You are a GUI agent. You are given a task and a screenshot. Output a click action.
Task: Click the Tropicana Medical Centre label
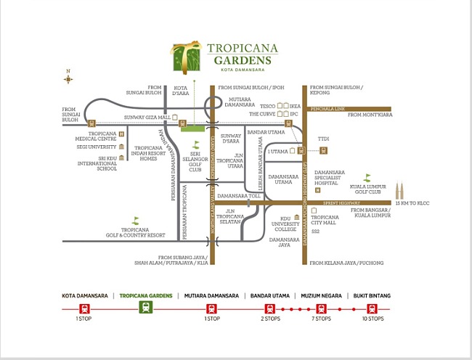tap(102, 136)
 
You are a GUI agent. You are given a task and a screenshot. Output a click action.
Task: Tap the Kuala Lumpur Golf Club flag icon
tap(367, 177)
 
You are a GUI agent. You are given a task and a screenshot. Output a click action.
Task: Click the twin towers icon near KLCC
tap(399, 192)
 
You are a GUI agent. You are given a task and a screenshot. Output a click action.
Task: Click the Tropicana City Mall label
tap(325, 221)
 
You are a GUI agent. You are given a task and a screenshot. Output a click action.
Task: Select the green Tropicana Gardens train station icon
tap(146, 307)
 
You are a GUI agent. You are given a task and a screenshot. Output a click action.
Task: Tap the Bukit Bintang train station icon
tap(374, 308)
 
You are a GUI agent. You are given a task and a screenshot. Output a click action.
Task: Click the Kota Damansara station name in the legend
tap(85, 295)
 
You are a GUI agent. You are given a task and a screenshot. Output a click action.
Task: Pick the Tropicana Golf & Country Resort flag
tap(135, 220)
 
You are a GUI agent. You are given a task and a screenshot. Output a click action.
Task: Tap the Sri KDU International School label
tap(99, 163)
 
